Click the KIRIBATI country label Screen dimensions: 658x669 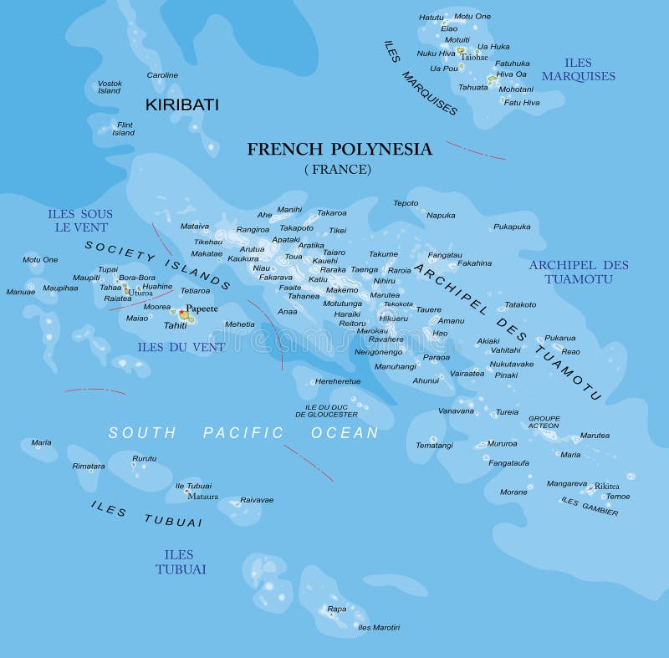181,105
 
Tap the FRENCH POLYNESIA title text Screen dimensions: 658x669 340,150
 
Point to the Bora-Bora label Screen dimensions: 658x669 136,277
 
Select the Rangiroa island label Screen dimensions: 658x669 253,229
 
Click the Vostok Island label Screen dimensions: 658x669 110,87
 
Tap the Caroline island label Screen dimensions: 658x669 162,75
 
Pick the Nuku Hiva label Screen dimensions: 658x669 436,54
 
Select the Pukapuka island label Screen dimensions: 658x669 512,227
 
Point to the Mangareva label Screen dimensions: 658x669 566,483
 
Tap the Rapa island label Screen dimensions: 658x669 336,609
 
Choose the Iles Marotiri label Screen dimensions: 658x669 379,627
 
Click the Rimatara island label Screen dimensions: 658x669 89,466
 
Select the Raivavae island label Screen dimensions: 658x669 257,500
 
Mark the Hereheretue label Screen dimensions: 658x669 338,381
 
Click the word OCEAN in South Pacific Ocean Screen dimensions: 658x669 345,433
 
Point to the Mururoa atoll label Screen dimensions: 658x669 502,444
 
